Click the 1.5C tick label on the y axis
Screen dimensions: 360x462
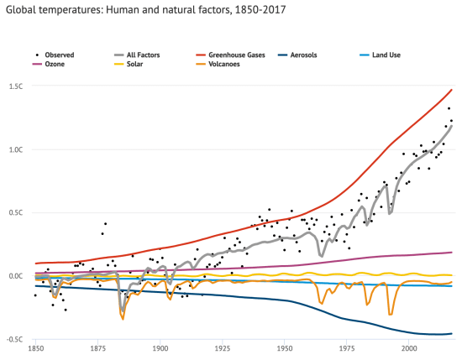pyautogui.click(x=16, y=86)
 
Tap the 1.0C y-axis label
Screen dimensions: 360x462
pyautogui.click(x=16, y=149)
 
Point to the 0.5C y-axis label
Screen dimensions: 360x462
pyautogui.click(x=16, y=212)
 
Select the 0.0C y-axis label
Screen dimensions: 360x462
pyautogui.click(x=16, y=275)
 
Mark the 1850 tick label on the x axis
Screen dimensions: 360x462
pyautogui.click(x=36, y=347)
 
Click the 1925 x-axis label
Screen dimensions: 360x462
pyautogui.click(x=222, y=347)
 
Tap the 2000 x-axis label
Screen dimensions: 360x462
pyautogui.click(x=409, y=347)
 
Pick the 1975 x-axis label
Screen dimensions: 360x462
pyautogui.click(x=347, y=347)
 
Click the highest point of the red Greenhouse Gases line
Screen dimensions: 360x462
pyautogui.click(x=452, y=90)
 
